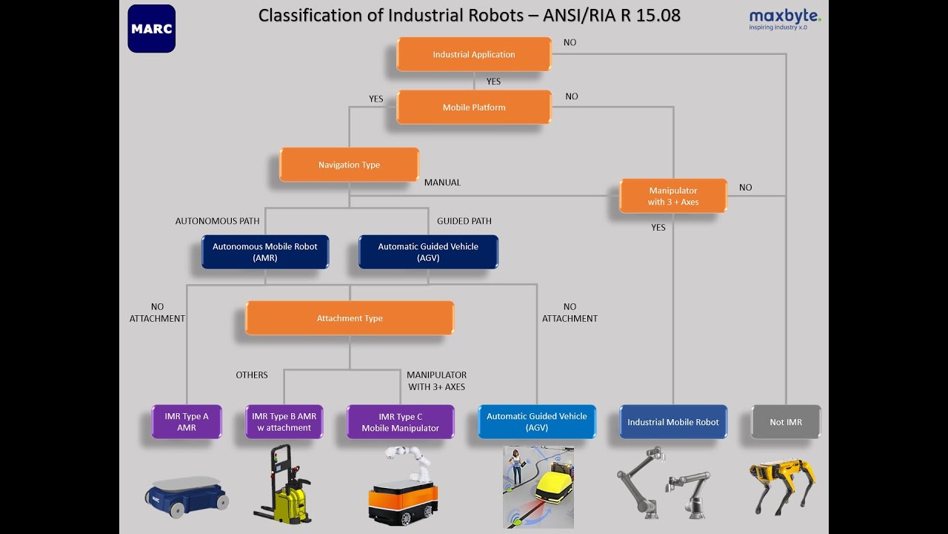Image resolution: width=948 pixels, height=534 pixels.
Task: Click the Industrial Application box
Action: pyautogui.click(x=474, y=54)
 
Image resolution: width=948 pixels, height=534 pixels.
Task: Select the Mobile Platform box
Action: pyautogui.click(x=474, y=108)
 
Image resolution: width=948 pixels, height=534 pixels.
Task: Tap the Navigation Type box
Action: pyautogui.click(x=349, y=165)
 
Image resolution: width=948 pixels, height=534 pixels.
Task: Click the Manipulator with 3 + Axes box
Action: pyautogui.click(x=673, y=196)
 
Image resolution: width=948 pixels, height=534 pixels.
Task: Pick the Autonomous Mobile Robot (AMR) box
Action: pyautogui.click(x=265, y=252)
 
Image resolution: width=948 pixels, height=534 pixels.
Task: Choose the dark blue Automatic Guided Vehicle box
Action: pyautogui.click(x=428, y=252)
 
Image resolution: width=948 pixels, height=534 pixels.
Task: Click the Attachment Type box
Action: pyautogui.click(x=350, y=318)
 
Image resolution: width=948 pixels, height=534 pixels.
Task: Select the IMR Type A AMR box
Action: pyautogui.click(x=187, y=422)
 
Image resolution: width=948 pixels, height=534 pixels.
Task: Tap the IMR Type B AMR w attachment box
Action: pyautogui.click(x=284, y=422)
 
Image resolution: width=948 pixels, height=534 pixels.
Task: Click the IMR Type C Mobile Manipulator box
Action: pyautogui.click(x=400, y=422)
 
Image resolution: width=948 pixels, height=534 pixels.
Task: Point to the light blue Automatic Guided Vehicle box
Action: pyautogui.click(x=536, y=422)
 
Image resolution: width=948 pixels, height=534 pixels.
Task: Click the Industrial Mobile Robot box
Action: pyautogui.click(x=673, y=422)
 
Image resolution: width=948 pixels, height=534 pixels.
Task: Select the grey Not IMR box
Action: pyautogui.click(x=786, y=422)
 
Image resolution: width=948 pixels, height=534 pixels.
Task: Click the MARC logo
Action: pyautogui.click(x=152, y=29)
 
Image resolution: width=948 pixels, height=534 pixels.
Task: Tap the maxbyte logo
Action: pyautogui.click(x=784, y=19)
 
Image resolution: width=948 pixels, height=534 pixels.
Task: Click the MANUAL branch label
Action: pyautogui.click(x=442, y=182)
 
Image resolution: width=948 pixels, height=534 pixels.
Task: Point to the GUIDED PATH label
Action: pyautogui.click(x=464, y=221)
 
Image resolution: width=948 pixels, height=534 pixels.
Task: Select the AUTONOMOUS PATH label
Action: pyautogui.click(x=217, y=221)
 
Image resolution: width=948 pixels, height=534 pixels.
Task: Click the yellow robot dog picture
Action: pyautogui.click(x=782, y=486)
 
